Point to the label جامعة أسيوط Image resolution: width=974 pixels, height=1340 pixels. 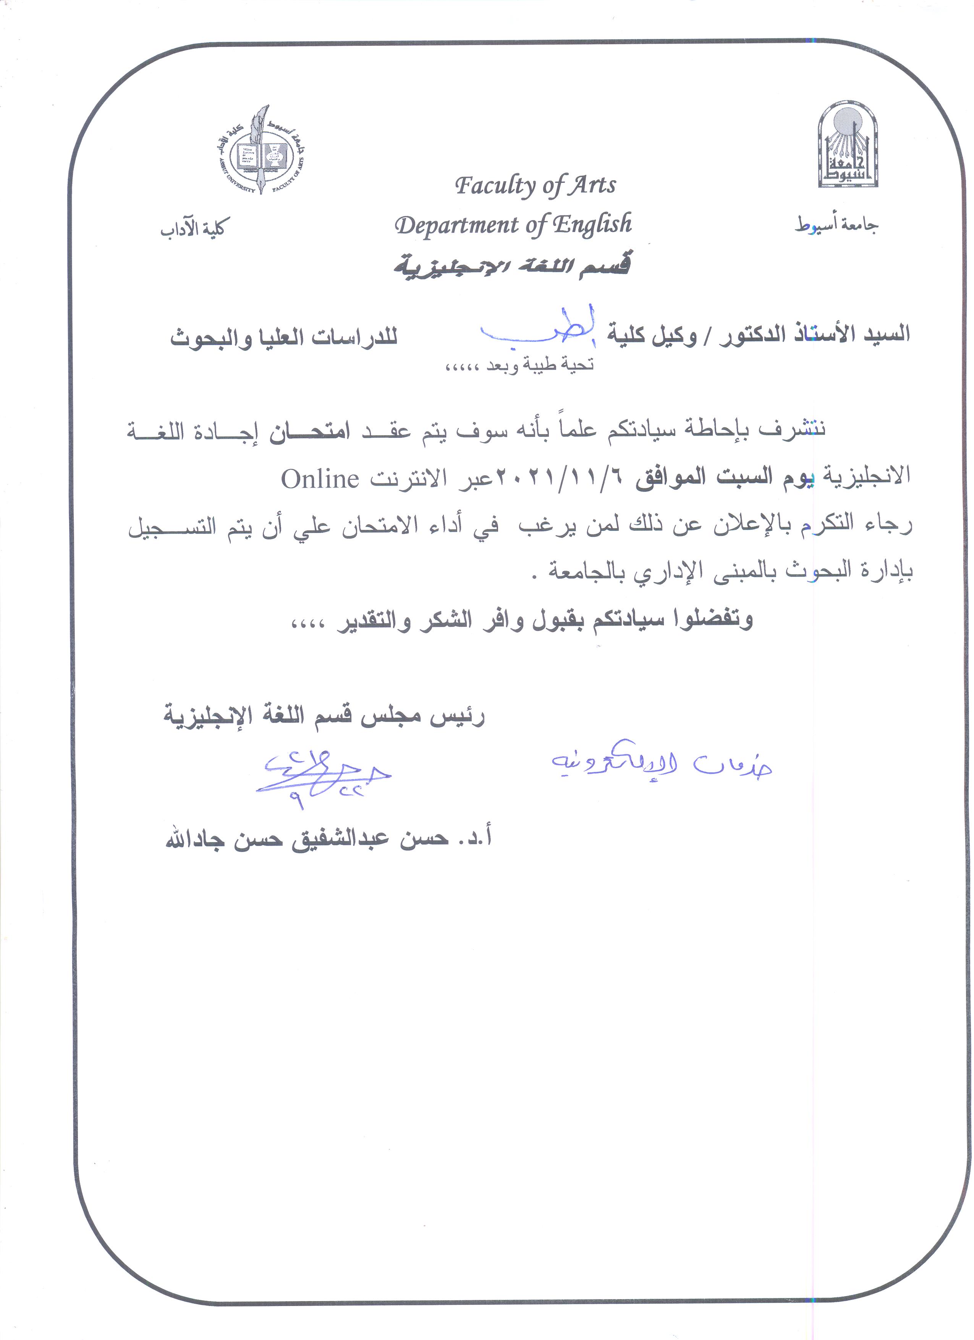(x=836, y=225)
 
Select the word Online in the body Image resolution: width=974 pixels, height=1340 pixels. (x=320, y=479)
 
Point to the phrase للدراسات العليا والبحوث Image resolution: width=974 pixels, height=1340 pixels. (x=284, y=338)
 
